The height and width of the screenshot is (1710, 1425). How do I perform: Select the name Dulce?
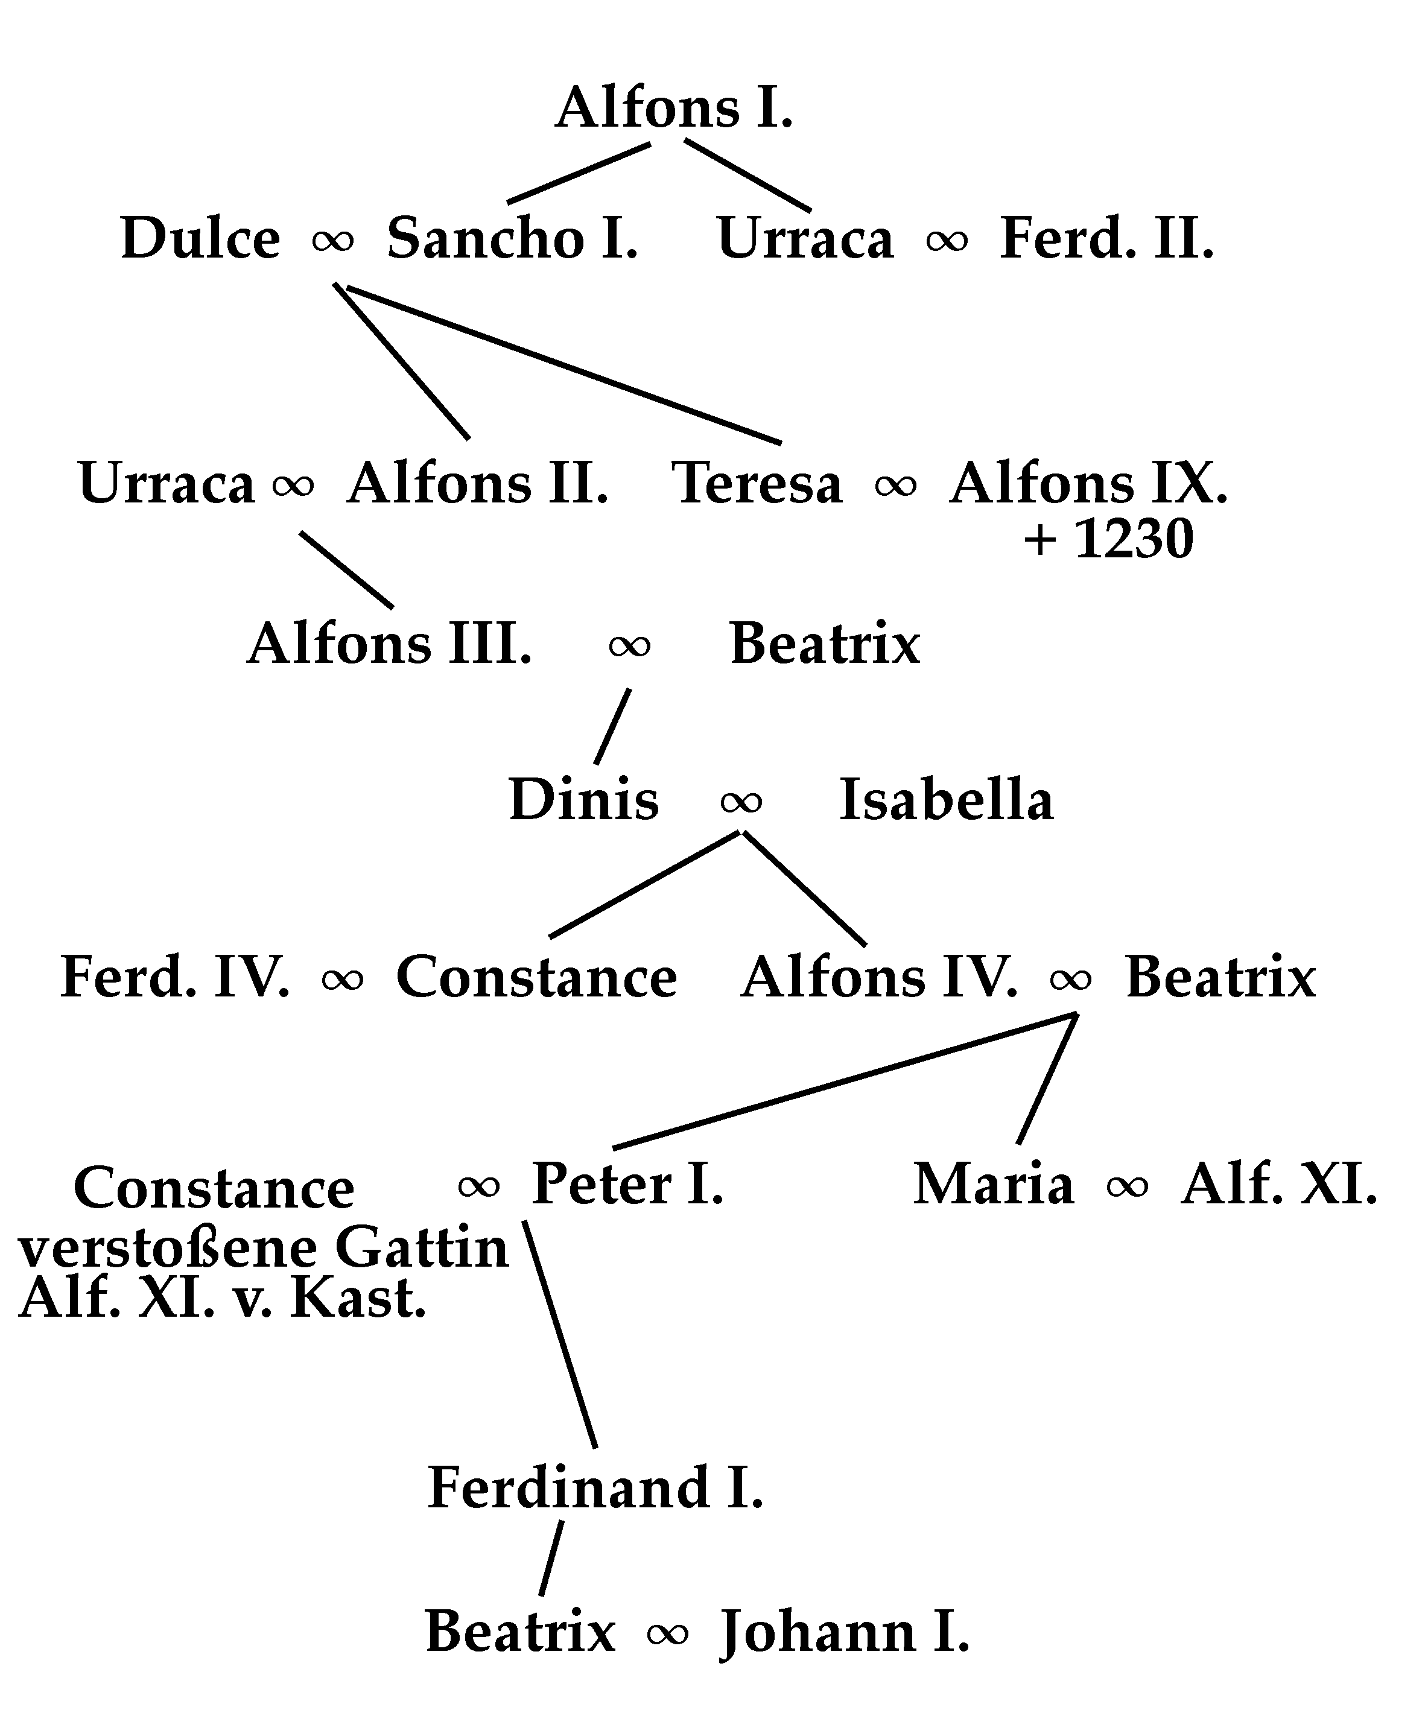(x=200, y=239)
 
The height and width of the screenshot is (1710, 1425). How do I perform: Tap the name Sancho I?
(x=512, y=239)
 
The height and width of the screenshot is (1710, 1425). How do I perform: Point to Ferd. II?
(x=1106, y=239)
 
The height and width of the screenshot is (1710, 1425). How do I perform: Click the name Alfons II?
(x=477, y=483)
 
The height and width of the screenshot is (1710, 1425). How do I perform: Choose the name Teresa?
(x=757, y=483)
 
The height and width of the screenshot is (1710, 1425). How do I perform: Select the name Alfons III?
(x=389, y=644)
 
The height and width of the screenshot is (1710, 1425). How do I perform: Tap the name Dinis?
(x=583, y=800)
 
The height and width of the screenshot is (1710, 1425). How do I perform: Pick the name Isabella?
(x=946, y=800)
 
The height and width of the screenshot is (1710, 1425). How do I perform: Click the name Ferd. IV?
(x=175, y=977)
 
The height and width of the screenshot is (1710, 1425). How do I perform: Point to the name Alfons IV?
(x=880, y=977)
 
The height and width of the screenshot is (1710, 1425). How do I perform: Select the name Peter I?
(x=627, y=1184)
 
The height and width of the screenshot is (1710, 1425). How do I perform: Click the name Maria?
(x=994, y=1184)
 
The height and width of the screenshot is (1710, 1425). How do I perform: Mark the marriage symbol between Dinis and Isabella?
(x=741, y=802)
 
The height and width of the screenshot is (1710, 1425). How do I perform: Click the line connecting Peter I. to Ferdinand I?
(x=560, y=1335)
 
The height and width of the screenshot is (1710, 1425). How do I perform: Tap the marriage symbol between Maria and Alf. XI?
(x=1127, y=1187)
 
